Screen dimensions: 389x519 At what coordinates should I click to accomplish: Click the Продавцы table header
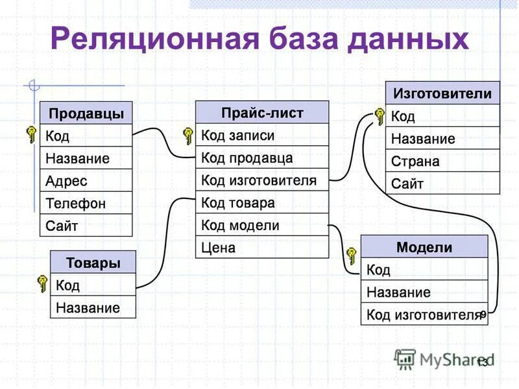[86, 113]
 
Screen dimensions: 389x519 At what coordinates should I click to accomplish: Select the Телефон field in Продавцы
[86, 204]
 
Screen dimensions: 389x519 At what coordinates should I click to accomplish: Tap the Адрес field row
[86, 181]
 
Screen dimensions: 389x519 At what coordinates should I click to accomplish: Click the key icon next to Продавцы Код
[31, 135]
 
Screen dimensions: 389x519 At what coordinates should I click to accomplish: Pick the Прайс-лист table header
[262, 113]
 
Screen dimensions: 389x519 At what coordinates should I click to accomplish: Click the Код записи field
[262, 136]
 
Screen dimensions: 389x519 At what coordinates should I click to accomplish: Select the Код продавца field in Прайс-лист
[262, 158]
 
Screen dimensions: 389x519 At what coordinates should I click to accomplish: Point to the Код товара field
[262, 202]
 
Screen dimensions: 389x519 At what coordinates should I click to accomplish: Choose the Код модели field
[262, 225]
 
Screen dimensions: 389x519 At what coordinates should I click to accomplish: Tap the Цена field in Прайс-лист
[262, 247]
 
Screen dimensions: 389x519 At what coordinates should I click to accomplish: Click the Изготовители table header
[442, 93]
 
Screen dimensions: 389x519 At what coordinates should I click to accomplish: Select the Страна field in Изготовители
[442, 161]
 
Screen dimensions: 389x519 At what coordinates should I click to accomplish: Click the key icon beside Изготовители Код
[378, 117]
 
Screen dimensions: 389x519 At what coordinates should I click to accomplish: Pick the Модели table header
[424, 247]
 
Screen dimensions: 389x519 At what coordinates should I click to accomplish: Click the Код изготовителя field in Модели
[424, 315]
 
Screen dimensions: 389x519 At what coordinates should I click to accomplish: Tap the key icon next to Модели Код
[352, 255]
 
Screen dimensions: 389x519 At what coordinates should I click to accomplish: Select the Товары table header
[93, 263]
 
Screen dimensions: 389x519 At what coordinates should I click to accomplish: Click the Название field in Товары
[93, 307]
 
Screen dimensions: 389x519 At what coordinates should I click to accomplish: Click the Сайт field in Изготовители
[442, 183]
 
